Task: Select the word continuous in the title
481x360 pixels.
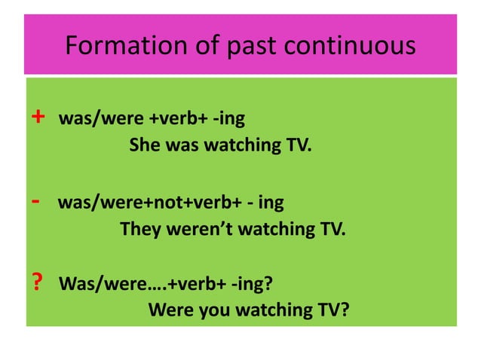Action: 357,46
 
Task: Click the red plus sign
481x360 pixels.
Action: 38,118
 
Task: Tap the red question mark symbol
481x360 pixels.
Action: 37,283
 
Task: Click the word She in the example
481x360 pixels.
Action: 144,145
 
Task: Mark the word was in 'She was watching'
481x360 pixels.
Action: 181,145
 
